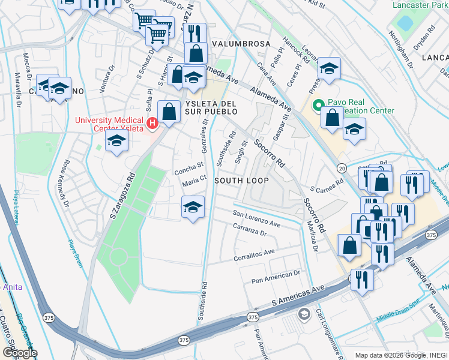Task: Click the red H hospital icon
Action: click(152, 124)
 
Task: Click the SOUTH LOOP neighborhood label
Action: click(241, 181)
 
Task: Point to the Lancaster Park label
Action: click(420, 5)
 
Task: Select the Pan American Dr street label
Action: click(276, 275)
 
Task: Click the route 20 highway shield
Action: click(341, 167)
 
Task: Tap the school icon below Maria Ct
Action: click(193, 208)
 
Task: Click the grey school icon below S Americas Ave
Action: click(304, 314)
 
